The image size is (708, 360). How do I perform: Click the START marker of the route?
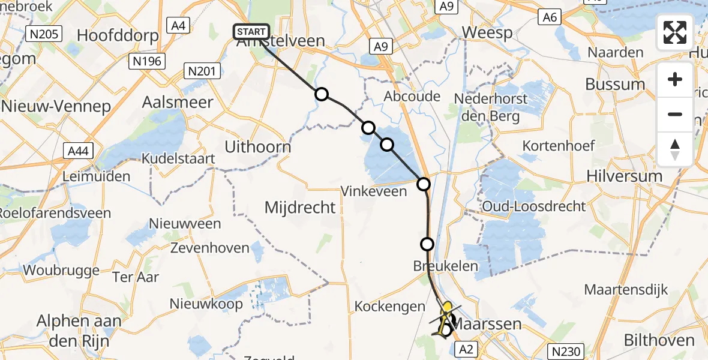pyautogui.click(x=251, y=32)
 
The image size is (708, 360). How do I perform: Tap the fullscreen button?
pyautogui.click(x=675, y=32)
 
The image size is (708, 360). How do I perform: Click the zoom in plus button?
pyautogui.click(x=675, y=79)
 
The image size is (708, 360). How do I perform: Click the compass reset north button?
pyautogui.click(x=675, y=149)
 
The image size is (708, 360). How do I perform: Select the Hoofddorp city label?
pyautogui.click(x=118, y=35)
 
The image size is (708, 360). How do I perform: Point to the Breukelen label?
pyautogui.click(x=445, y=266)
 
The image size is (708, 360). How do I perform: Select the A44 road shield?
pyautogui.click(x=78, y=151)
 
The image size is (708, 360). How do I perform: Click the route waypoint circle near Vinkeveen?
pyautogui.click(x=424, y=184)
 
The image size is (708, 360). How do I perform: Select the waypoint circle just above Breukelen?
pyautogui.click(x=427, y=244)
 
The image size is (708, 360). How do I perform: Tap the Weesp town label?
pyautogui.click(x=488, y=32)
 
